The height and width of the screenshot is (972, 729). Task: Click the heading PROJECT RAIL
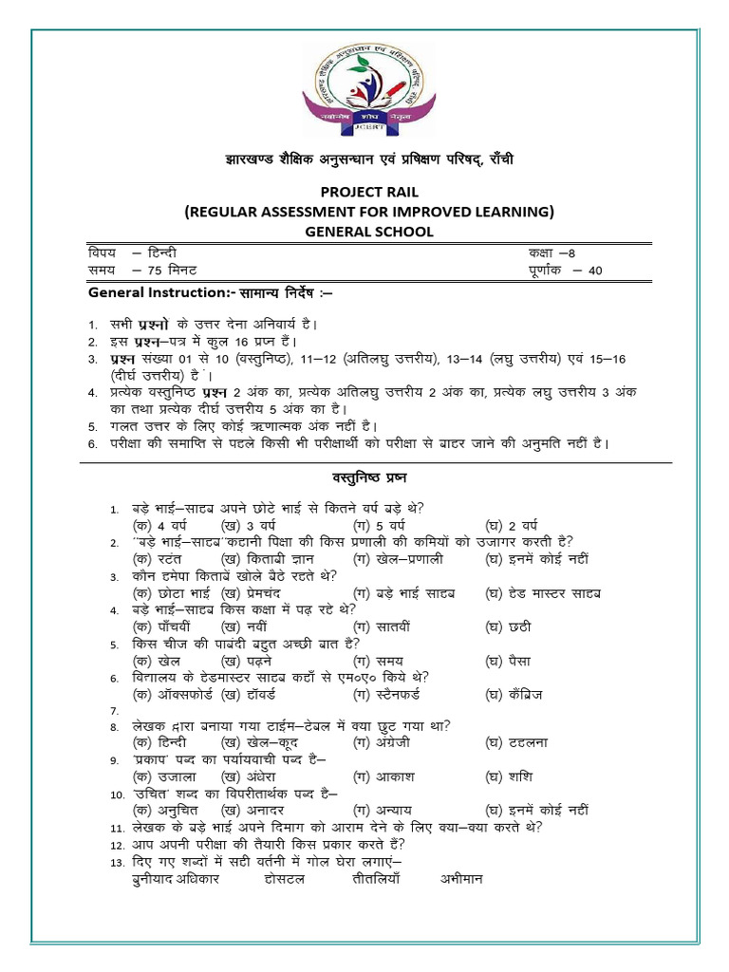point(369,192)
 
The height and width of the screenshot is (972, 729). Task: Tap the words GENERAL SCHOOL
point(369,231)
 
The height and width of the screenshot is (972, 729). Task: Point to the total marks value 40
point(595,270)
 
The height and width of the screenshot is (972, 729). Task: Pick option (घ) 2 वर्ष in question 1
point(512,524)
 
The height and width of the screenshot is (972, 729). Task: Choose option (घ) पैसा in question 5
point(508,661)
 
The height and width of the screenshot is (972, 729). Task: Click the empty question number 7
point(115,711)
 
